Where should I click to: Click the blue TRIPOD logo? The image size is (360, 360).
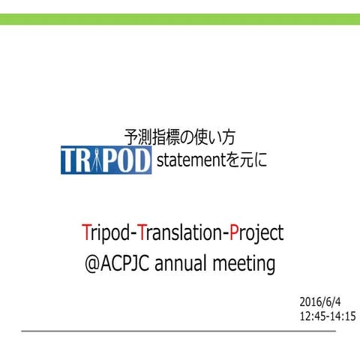pyautogui.click(x=106, y=160)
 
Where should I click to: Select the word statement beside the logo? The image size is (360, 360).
pyautogui.click(x=186, y=160)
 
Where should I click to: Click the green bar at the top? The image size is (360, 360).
pyautogui.click(x=180, y=18)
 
